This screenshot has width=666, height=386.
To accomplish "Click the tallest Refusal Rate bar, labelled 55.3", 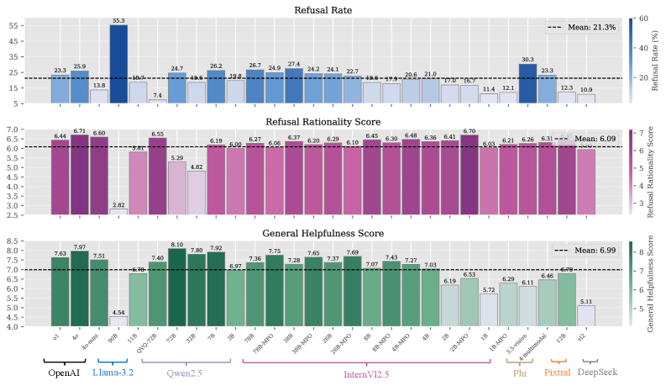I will click(x=119, y=64).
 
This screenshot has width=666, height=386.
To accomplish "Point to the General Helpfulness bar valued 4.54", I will click(x=119, y=321).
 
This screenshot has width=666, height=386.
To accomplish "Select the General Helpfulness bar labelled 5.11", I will click(x=586, y=316).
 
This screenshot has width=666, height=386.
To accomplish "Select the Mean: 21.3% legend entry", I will click(x=582, y=28).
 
